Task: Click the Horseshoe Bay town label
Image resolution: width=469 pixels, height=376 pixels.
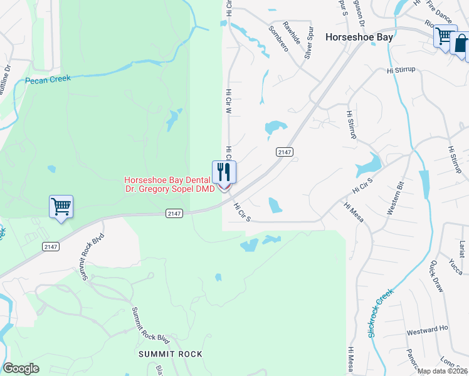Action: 359,38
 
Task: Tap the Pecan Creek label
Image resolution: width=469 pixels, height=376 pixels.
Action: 48,80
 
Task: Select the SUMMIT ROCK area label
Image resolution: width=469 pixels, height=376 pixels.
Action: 171,354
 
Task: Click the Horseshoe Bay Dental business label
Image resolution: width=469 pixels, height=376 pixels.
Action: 169,180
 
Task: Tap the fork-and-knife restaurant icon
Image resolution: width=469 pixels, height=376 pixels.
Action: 224,171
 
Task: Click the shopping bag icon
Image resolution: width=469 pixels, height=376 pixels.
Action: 461,44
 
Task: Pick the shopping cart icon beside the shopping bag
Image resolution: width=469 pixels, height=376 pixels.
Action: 445,36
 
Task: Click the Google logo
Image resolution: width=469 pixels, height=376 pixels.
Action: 21,368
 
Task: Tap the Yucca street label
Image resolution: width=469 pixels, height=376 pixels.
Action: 455,266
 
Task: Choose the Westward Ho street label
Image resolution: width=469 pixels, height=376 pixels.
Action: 427,328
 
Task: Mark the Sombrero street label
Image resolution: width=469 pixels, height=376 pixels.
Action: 278,38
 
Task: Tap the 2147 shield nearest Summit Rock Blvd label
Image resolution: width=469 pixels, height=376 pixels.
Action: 51,247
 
